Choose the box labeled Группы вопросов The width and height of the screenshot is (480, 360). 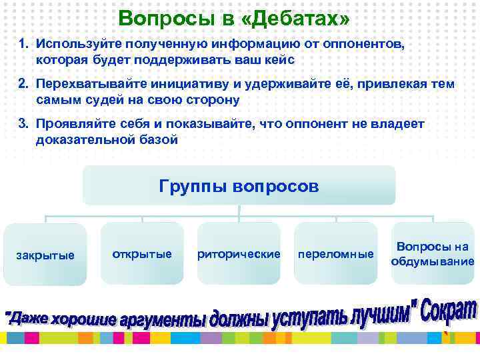[239, 185]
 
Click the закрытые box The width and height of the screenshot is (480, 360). [45, 254]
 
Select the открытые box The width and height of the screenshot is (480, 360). [142, 254]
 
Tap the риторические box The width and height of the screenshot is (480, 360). [239, 254]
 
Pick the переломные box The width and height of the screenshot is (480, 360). [336, 254]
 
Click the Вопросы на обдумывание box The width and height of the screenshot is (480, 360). [433, 253]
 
